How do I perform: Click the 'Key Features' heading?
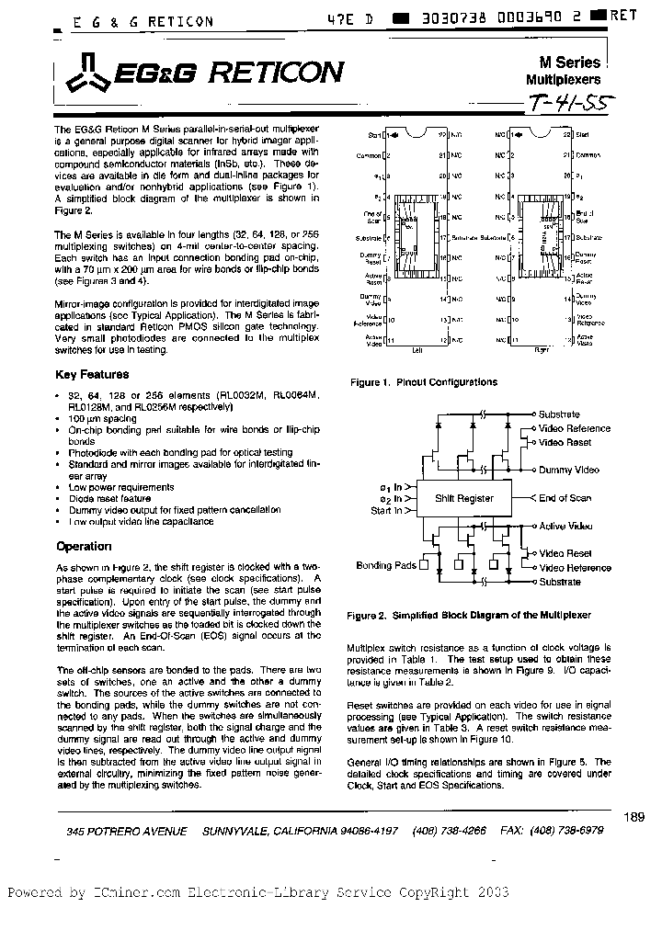(x=92, y=375)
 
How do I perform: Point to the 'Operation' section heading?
(x=84, y=546)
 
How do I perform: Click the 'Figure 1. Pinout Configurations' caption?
(x=423, y=382)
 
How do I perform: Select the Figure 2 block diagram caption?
(x=468, y=615)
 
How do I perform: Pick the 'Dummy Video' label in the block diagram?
(x=568, y=470)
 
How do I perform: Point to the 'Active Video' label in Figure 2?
(x=566, y=527)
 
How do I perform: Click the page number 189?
(x=633, y=816)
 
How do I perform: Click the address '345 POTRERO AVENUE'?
(x=127, y=831)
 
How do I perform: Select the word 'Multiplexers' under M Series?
(x=563, y=80)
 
